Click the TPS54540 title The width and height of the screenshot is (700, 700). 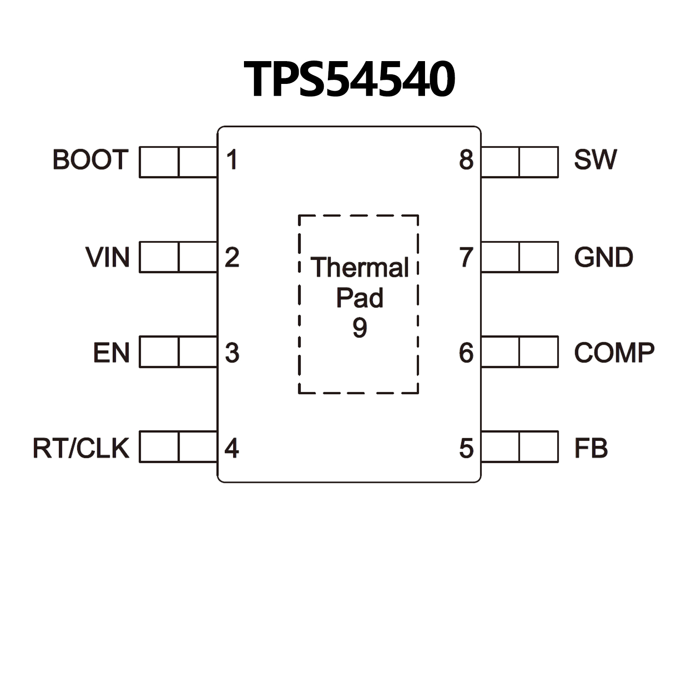pos(349,79)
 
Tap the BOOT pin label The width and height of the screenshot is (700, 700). pos(90,160)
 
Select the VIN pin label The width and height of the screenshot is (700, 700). pos(108,257)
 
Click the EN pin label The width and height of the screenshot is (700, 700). pos(111,353)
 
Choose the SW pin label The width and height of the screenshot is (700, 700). pos(595,160)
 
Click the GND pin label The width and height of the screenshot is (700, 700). pos(603,257)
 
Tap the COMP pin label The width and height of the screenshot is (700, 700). pos(614,353)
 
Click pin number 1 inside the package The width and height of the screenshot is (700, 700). pos(232,160)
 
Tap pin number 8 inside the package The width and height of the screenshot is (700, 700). pos(466,160)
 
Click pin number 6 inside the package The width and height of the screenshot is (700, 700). pos(466,353)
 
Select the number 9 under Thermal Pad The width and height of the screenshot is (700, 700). pos(359,327)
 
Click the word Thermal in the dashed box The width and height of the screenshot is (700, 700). pos(359,267)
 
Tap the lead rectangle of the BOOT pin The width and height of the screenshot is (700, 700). pos(178,162)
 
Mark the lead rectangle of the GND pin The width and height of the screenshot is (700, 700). pos(519,257)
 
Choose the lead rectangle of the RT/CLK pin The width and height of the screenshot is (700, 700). pos(178,446)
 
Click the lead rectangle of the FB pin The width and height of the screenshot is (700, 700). pos(519,446)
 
